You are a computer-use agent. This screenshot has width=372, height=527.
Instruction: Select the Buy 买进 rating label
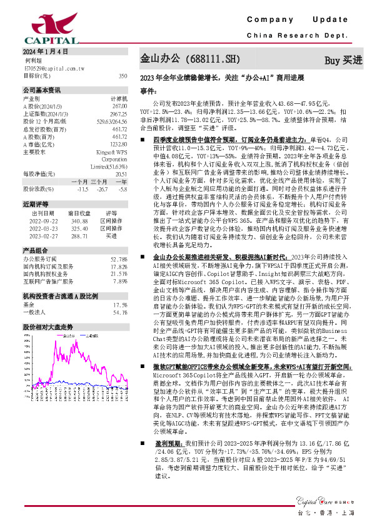(343, 61)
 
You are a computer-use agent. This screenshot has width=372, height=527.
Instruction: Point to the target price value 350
(123, 75)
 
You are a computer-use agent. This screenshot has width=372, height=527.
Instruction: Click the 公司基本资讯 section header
(43, 90)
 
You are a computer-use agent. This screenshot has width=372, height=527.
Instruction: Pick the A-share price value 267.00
(120, 106)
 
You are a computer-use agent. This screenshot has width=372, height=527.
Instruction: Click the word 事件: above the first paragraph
(148, 91)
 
